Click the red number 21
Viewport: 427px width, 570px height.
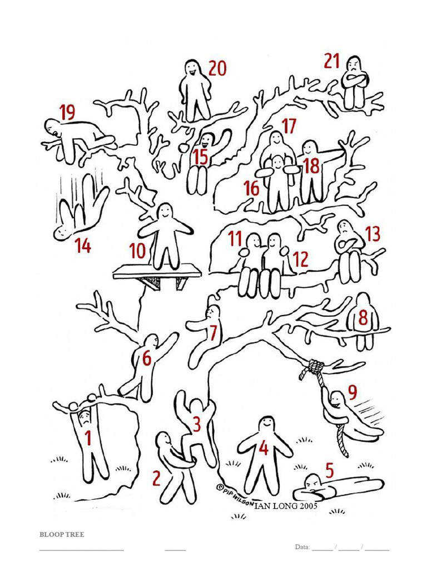point(331,61)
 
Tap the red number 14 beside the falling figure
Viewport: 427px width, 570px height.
point(83,245)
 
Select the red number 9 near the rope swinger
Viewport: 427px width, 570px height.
point(352,391)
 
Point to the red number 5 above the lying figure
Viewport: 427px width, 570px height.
point(329,470)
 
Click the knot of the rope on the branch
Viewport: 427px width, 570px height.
point(315,366)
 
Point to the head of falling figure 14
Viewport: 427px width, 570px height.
point(61,233)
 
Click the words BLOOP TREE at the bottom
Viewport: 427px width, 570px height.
point(62,534)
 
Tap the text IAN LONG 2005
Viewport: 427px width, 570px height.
point(286,505)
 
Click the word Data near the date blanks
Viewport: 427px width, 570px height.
point(302,547)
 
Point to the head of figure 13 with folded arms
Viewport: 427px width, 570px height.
point(345,228)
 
